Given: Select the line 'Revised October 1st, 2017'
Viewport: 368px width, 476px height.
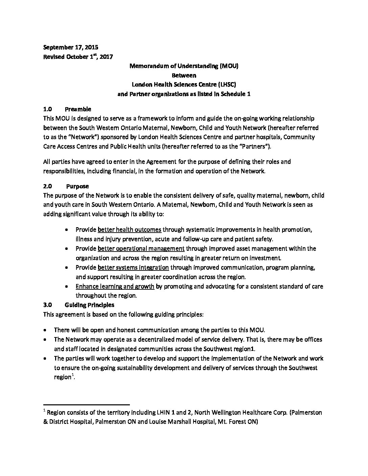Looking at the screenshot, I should pos(78,57).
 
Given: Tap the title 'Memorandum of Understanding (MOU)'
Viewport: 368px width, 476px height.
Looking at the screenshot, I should pos(184,66).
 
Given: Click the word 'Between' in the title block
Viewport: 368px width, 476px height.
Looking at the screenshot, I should pos(184,75).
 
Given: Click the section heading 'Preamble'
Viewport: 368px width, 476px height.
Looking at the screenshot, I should pos(78,109).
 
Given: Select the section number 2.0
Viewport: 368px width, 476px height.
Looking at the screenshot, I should pos(47,186).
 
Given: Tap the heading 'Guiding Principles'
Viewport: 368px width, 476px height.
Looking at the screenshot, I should pos(89,305).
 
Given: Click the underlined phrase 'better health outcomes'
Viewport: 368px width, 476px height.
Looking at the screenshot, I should pos(129,230).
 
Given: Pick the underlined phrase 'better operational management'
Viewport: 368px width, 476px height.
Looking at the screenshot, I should pos(141,249).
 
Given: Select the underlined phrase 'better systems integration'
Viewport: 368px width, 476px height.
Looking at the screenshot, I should pos(133,268).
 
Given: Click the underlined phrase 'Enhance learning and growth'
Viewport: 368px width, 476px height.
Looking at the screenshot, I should pos(115,287).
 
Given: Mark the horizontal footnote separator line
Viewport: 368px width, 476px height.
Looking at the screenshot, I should pos(87,404).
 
